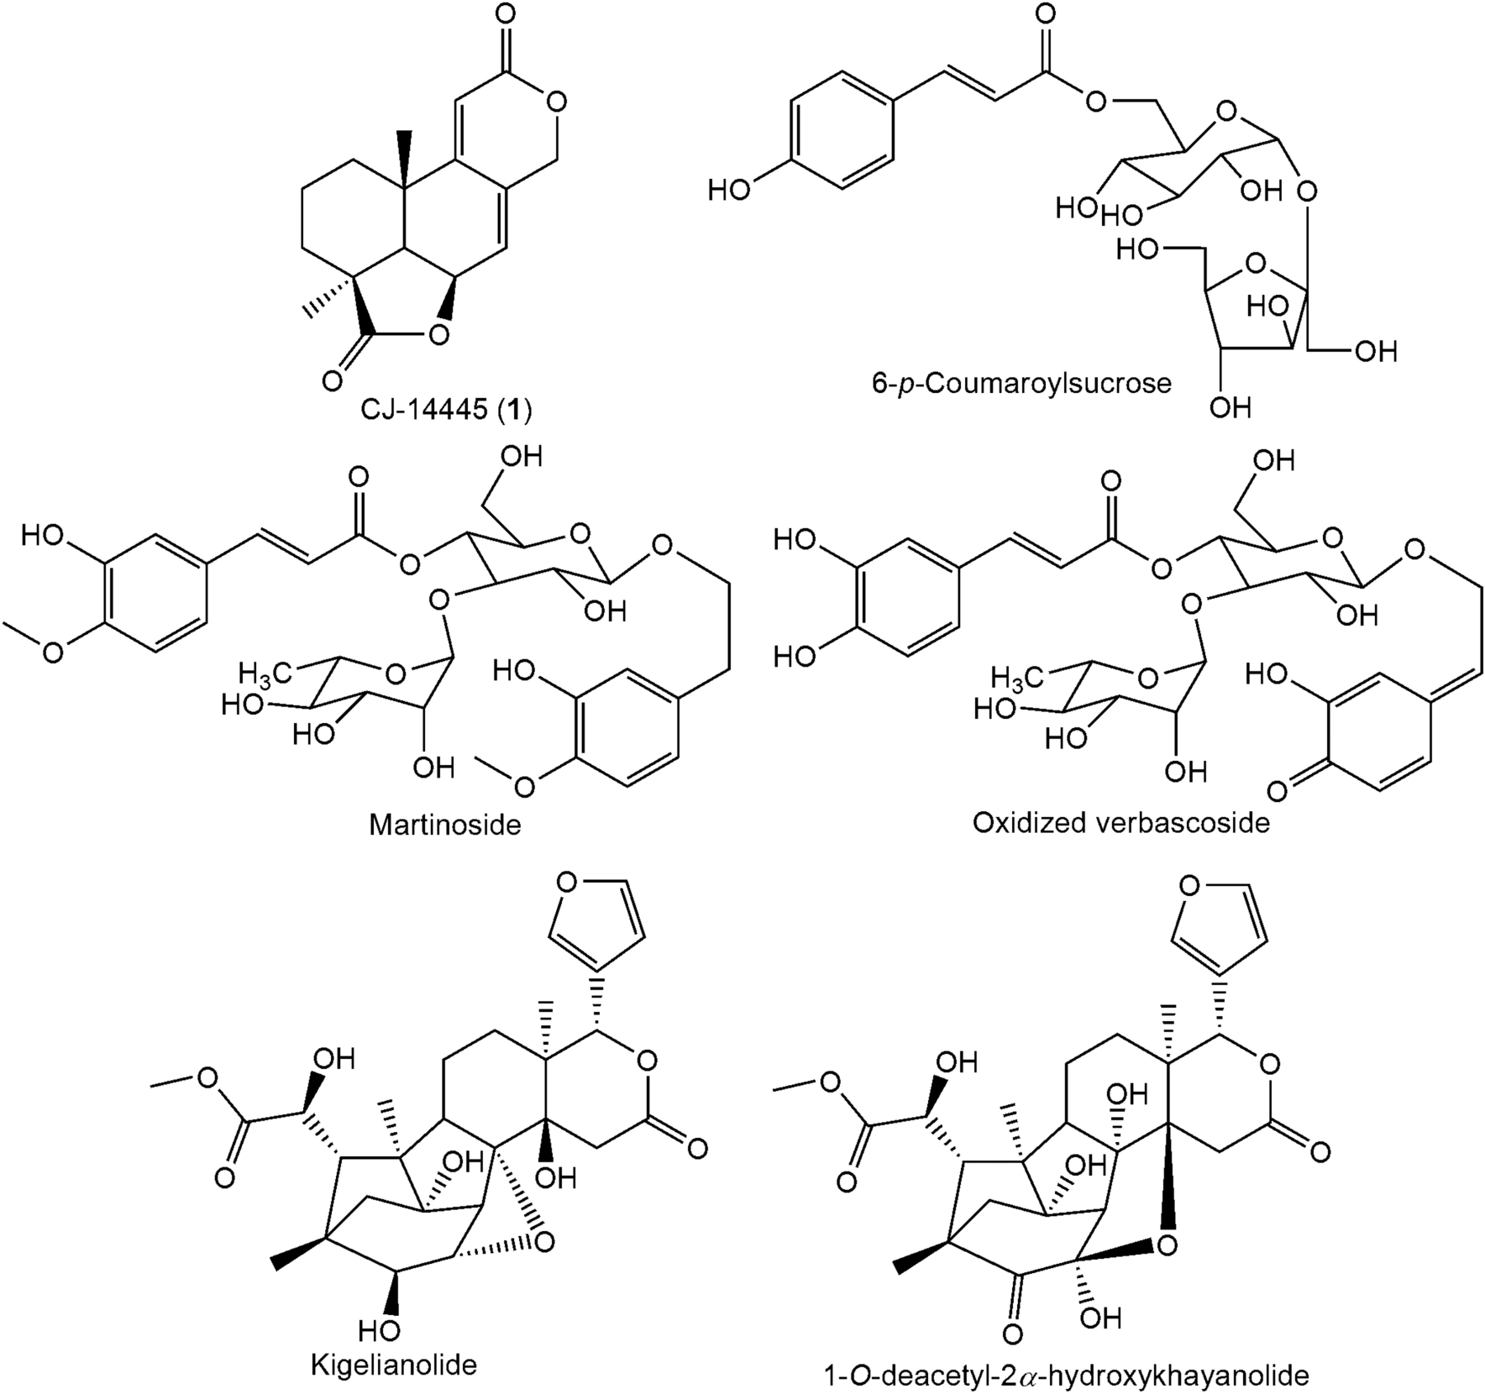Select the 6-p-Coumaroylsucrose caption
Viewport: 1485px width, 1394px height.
tap(1021, 383)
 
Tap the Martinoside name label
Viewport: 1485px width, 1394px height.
tap(445, 825)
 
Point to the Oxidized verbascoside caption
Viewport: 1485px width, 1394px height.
tap(1120, 822)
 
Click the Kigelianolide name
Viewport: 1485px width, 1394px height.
tap(394, 1365)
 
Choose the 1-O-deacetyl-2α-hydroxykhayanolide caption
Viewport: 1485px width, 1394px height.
tap(1067, 1376)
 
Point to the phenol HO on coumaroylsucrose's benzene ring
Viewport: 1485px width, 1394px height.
tap(728, 191)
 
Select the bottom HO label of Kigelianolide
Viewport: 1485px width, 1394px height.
tap(377, 1331)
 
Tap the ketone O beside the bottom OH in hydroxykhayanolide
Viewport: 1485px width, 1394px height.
tap(1014, 1334)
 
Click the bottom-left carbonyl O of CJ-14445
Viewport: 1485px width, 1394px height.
tap(333, 380)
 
